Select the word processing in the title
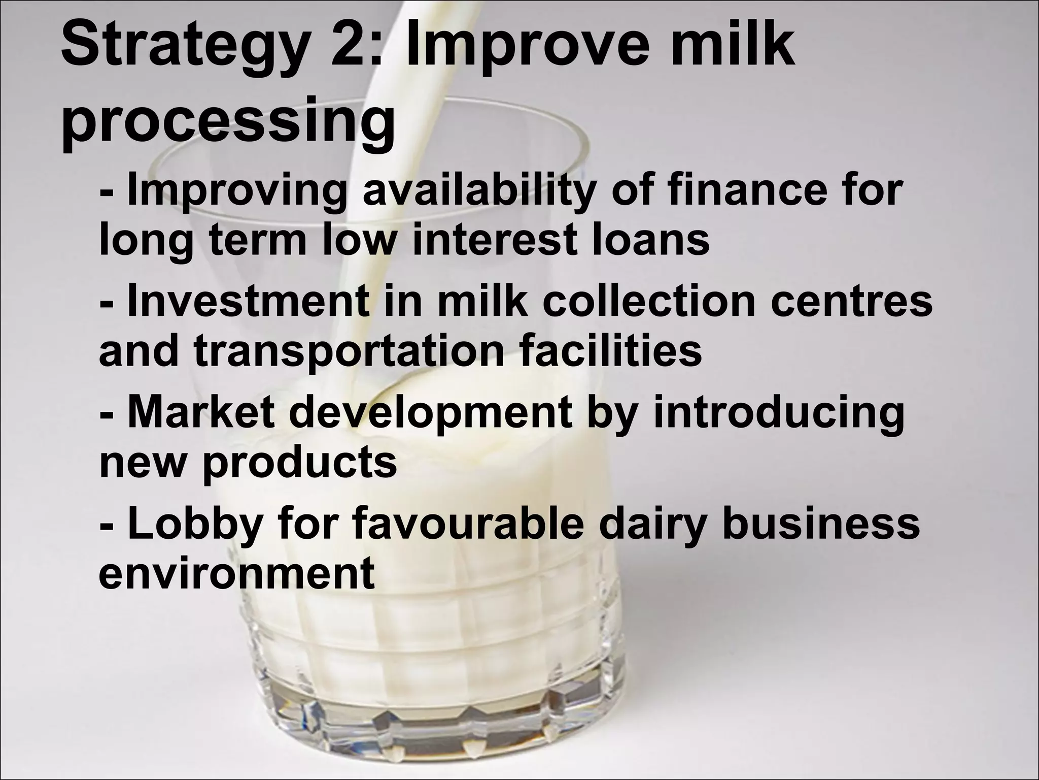[228, 122]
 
